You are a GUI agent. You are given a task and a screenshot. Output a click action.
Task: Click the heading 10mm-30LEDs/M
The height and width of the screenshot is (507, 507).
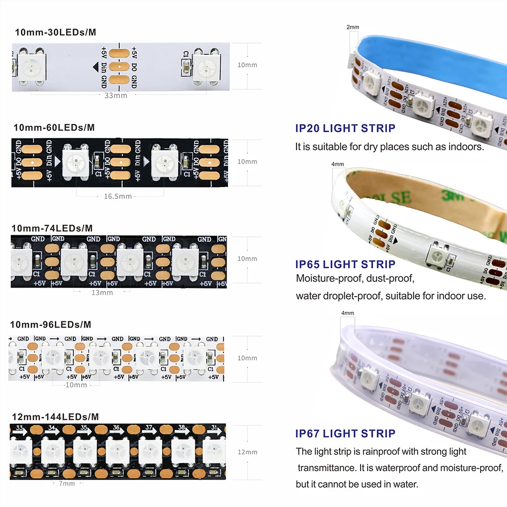click(55, 32)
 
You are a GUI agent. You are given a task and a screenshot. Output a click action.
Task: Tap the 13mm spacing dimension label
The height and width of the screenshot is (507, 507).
click(102, 293)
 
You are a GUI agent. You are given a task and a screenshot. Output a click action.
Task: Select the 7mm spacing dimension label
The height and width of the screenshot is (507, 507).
click(66, 483)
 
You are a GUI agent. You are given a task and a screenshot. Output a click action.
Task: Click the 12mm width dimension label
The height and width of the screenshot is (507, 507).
click(247, 452)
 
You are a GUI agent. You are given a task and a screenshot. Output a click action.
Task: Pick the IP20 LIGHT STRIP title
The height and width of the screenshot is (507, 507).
click(345, 128)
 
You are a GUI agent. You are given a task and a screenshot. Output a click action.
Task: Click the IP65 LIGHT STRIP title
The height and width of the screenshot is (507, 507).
click(345, 264)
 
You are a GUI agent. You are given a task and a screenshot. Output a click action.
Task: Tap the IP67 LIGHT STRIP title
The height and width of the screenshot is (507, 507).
click(345, 433)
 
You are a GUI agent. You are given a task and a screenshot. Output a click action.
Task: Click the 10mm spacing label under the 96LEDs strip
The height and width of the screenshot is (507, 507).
click(77, 385)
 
